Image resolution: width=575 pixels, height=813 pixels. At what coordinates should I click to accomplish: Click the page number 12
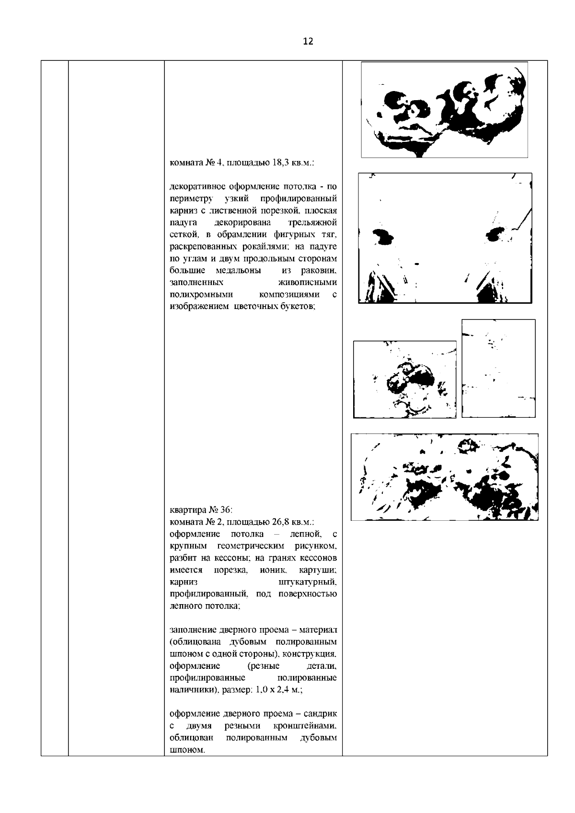pos(308,42)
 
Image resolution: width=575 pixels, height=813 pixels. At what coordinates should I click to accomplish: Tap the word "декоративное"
pos(195,186)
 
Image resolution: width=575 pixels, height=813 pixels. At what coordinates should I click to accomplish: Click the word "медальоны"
pos(238,271)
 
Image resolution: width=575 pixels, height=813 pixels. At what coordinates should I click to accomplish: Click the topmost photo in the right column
pos(444,110)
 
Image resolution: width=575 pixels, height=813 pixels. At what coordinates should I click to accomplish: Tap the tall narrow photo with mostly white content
pos(498,368)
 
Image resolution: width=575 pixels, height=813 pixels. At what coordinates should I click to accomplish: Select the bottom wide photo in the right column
pos(444,477)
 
